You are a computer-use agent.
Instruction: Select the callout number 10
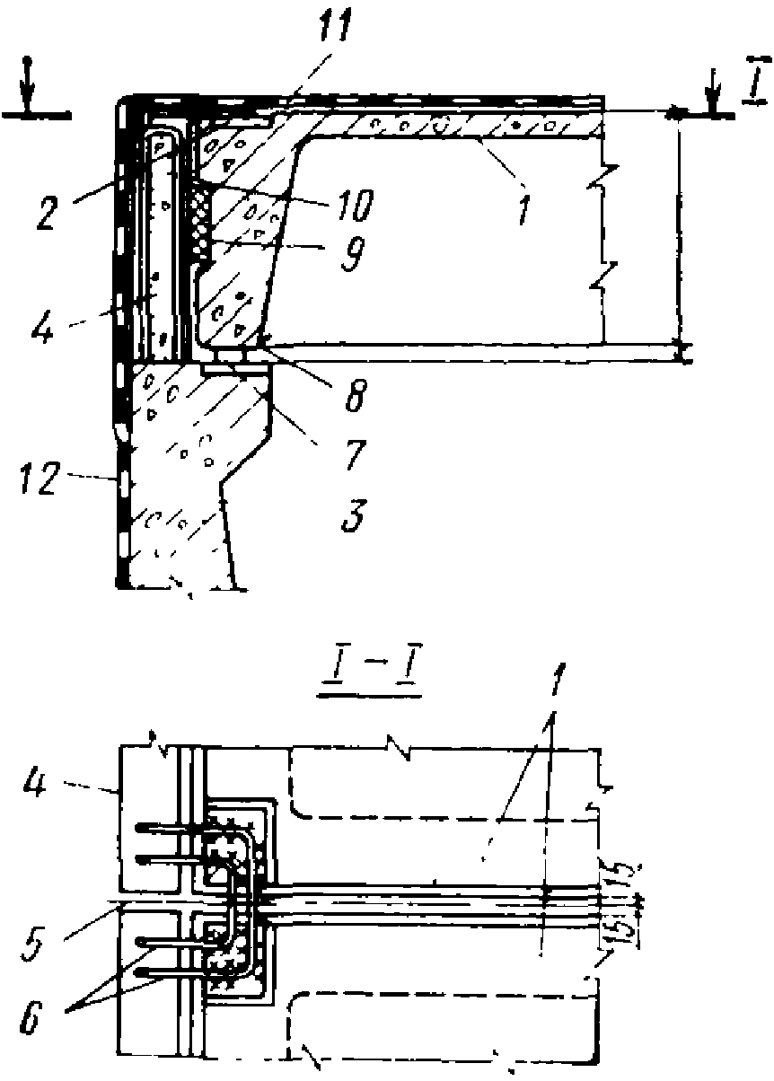[353, 207]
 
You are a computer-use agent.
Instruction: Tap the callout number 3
[353, 518]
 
